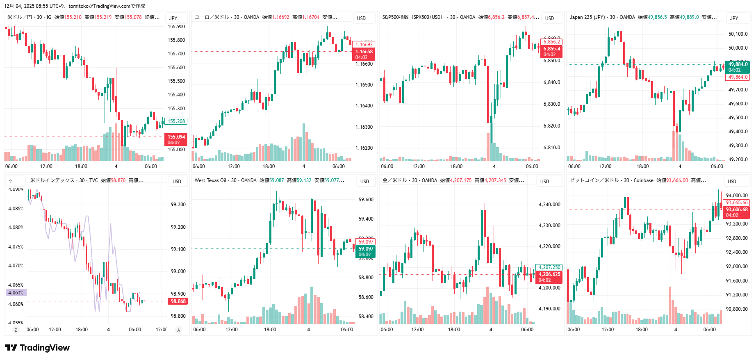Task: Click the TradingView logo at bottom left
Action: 37,348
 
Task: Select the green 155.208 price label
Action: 176,121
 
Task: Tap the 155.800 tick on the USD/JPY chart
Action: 176,40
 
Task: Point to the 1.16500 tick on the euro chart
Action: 364,85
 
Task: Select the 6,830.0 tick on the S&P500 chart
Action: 552,104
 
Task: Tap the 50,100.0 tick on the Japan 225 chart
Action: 738,34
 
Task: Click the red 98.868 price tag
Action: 178,301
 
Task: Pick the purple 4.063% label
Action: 16,293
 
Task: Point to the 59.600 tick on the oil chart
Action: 366,200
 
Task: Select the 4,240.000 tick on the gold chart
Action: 549,205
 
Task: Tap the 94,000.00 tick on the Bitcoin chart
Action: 737,196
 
